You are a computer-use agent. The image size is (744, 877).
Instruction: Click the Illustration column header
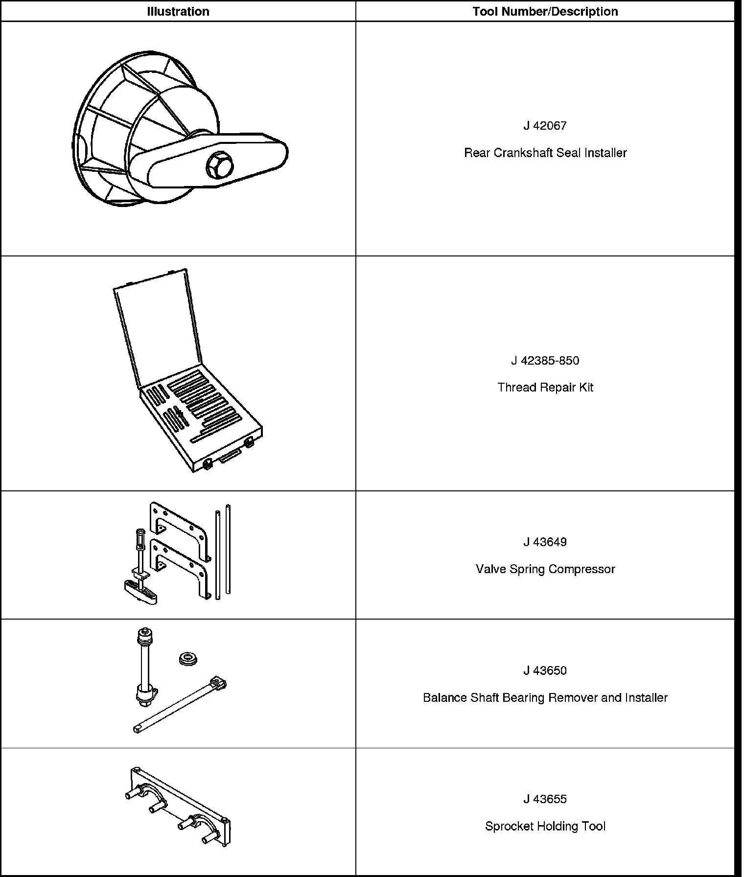[x=178, y=11]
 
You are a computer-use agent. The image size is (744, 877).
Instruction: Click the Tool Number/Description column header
[x=545, y=11]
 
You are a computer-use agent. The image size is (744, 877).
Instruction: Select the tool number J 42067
[x=545, y=126]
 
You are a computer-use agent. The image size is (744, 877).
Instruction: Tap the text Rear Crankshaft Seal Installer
[x=545, y=153]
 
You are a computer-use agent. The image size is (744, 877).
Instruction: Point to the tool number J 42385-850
[x=545, y=361]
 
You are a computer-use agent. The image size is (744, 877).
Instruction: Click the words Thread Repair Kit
[x=545, y=388]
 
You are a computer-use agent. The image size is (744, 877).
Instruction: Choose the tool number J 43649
[x=545, y=542]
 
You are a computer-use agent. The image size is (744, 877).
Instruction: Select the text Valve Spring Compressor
[x=545, y=569]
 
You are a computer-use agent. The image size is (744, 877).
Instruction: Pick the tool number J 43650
[x=545, y=670]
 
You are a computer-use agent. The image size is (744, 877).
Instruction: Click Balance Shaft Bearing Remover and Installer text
[x=545, y=697]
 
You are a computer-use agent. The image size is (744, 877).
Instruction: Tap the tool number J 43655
[x=545, y=799]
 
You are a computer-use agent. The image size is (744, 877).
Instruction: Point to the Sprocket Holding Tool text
[x=545, y=826]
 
